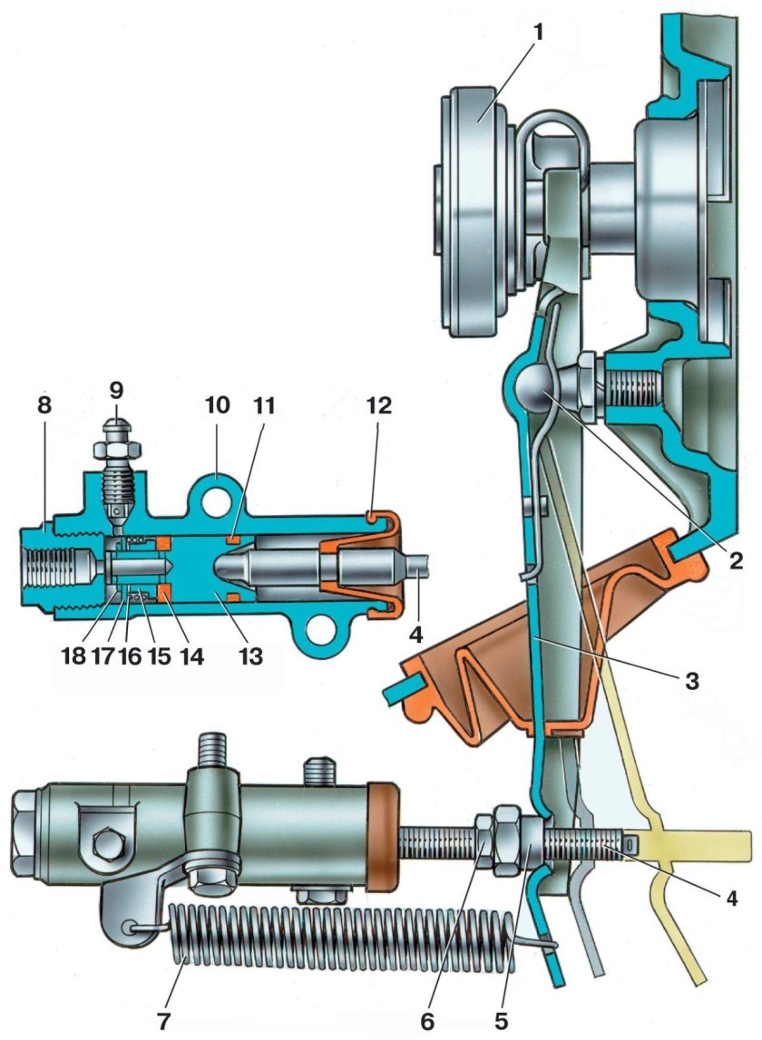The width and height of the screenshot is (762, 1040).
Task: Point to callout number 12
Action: pos(377,403)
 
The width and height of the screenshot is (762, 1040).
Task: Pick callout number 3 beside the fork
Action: pos(691,681)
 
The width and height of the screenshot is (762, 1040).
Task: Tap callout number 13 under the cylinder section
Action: pos(250,656)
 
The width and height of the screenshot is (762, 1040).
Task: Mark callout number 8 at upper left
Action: pos(44,403)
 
